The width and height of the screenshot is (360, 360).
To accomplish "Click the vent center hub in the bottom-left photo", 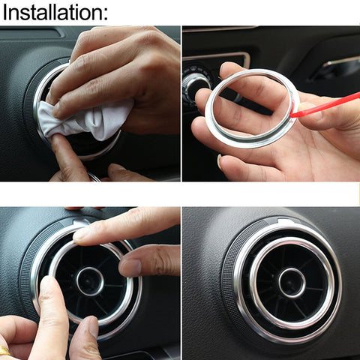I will coord(90,280).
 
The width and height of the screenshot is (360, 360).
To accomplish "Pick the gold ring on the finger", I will coord(4,349).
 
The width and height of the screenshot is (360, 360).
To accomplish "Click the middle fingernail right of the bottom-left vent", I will coord(129,267).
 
